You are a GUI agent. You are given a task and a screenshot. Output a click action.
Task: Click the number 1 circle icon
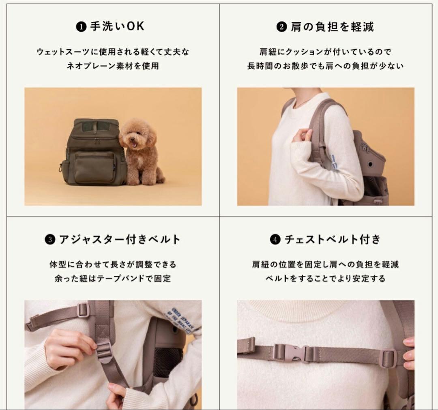80,28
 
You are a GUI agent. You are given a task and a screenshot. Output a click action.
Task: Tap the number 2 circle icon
281,28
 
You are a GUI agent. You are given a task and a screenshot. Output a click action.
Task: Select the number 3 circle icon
49,240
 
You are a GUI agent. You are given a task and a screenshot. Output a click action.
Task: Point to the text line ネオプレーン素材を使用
113,66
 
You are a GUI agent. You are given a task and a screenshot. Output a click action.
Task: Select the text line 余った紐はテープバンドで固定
113,279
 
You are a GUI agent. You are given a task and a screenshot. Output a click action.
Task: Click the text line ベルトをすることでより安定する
325,279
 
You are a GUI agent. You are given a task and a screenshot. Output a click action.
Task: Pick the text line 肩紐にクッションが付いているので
325,52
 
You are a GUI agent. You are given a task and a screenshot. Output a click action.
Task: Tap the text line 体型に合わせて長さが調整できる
113,264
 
